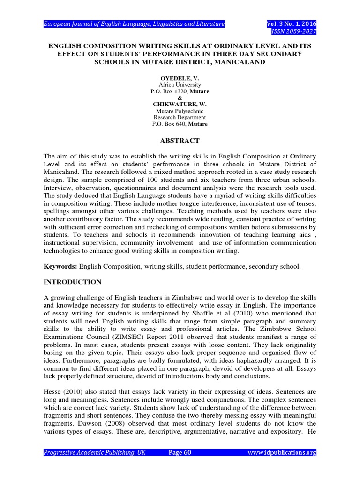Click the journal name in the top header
click(134, 23)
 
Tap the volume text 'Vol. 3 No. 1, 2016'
click(291, 23)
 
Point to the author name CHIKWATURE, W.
click(180, 104)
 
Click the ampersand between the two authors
click(180, 97)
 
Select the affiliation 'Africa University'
click(180, 85)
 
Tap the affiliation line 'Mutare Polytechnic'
click(180, 111)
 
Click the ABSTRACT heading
click(180, 141)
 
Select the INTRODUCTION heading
click(72, 282)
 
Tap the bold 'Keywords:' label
click(60, 266)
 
